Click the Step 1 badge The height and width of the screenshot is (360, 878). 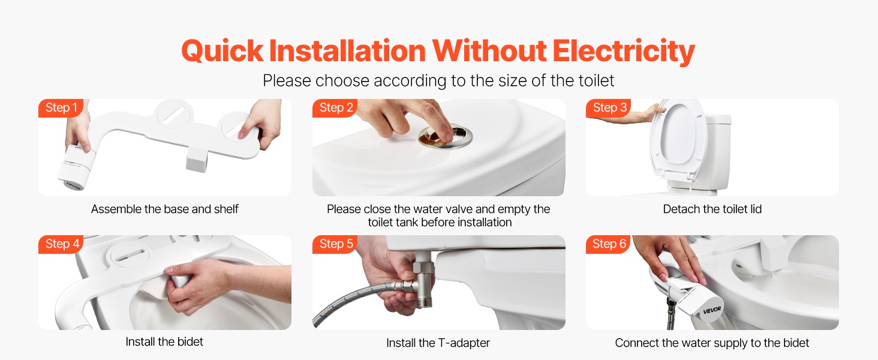click(61, 108)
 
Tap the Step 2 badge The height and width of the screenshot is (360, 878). click(335, 108)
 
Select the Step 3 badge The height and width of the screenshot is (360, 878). click(609, 108)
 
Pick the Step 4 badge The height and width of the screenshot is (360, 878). click(61, 244)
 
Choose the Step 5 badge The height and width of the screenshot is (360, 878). click(335, 244)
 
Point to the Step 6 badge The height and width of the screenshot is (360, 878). click(609, 244)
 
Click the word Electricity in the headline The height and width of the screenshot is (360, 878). click(623, 52)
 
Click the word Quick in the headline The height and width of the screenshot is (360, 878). click(222, 51)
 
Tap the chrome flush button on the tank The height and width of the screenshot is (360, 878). click(445, 137)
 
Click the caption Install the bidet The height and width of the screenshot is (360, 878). click(164, 341)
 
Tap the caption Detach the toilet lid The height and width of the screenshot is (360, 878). click(712, 209)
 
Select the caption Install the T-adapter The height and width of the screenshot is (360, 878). click(438, 343)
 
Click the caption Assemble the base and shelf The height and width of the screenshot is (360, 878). click(164, 209)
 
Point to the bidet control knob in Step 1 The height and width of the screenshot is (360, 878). click(76, 167)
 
